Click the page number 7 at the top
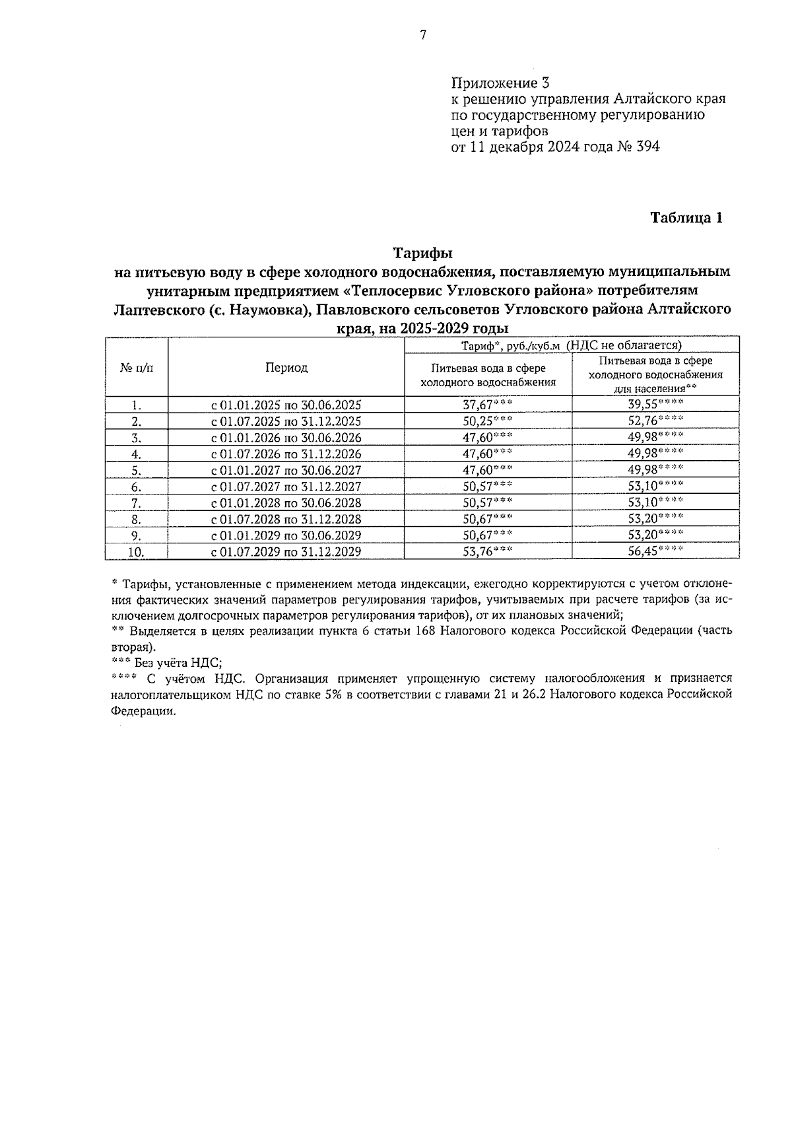[x=423, y=36]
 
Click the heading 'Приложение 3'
[x=500, y=83]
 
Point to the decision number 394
[x=646, y=147]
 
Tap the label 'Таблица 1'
[x=686, y=218]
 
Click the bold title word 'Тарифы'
[x=422, y=254]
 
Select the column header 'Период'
[x=286, y=368]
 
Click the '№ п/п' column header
[x=137, y=368]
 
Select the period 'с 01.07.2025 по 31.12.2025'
[x=286, y=422]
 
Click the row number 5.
[x=137, y=471]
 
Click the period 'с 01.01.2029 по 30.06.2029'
[x=286, y=535]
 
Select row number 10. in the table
[x=137, y=552]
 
